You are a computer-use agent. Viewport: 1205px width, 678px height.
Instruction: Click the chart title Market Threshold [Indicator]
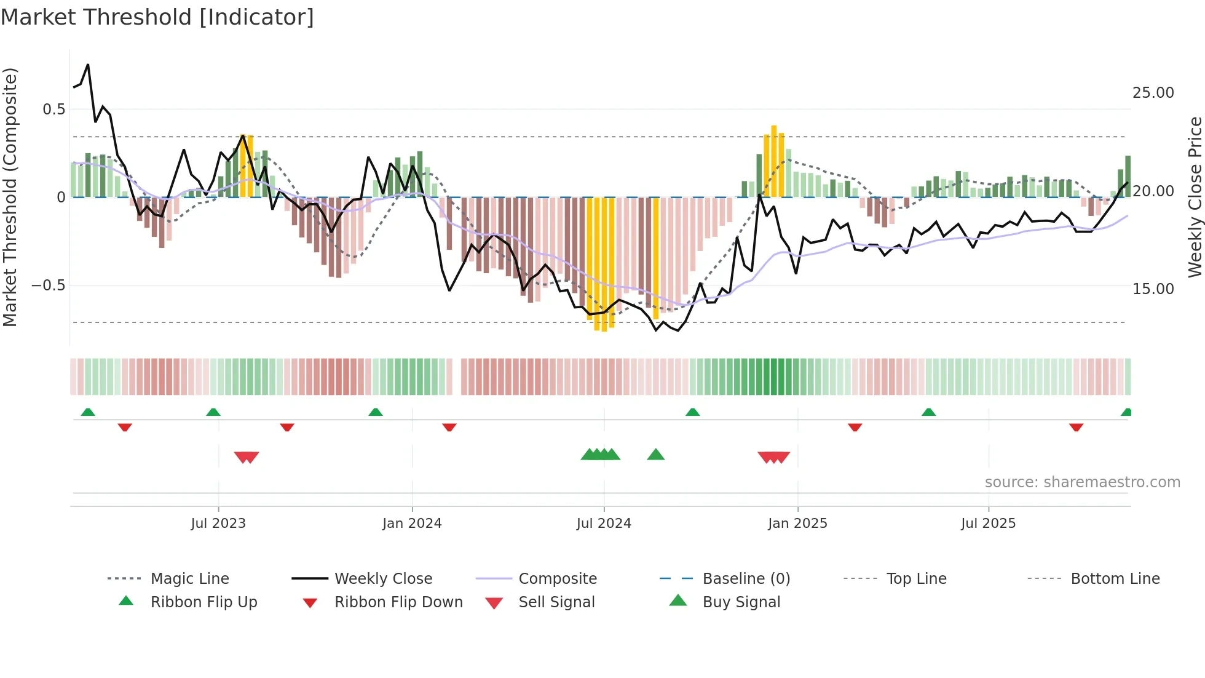pos(157,17)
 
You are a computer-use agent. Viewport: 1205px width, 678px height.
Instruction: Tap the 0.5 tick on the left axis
pos(53,110)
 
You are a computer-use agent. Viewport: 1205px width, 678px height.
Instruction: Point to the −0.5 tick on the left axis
pos(49,285)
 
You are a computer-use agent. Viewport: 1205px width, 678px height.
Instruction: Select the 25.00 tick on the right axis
pos(1153,93)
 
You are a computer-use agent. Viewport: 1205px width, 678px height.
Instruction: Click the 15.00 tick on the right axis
pos(1153,289)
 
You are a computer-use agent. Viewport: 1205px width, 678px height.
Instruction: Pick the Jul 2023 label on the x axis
pos(218,524)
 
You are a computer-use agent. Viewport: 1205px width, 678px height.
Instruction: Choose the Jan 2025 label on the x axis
pos(797,524)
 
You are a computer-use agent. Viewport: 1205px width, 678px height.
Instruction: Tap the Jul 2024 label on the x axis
pos(604,524)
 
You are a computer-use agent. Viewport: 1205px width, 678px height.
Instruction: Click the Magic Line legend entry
pos(189,579)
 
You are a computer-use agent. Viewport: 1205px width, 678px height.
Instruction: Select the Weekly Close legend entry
pos(383,579)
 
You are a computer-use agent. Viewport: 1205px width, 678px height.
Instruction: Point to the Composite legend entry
pos(558,579)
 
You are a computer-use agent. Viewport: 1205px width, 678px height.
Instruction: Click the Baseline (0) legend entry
pos(746,579)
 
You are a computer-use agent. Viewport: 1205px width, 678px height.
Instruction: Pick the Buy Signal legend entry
pos(741,602)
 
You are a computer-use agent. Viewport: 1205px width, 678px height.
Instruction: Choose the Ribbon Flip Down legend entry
pos(398,602)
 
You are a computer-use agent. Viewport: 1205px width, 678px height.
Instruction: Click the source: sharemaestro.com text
pos(1082,482)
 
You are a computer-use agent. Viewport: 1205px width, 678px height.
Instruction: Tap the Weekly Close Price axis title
pos(1195,197)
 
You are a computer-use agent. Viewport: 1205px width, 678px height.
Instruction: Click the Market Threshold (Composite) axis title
pos(10,197)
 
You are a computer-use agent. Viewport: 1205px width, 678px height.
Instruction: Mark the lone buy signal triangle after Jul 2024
pos(656,455)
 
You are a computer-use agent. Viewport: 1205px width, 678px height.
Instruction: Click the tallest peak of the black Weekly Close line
pos(88,65)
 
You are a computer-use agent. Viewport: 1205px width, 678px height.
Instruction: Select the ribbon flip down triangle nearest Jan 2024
pos(449,427)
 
